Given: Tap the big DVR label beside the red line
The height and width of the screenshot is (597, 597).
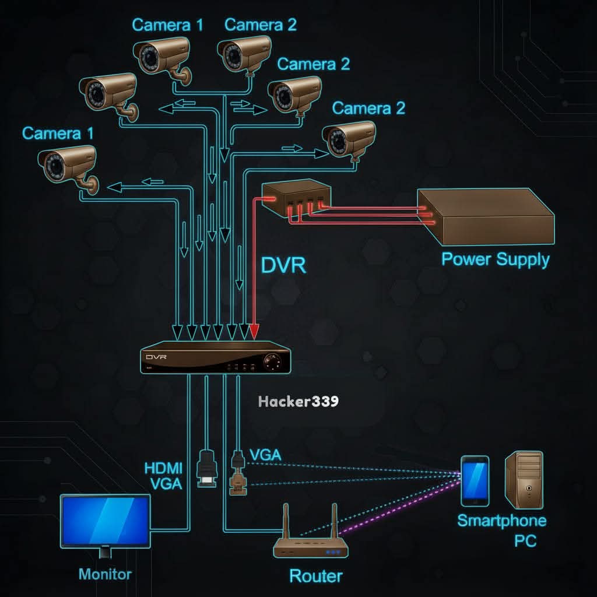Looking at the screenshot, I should click(x=283, y=265).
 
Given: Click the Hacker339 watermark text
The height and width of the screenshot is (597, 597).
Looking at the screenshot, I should click(x=298, y=402).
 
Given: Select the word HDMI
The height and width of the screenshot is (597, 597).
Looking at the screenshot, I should click(x=163, y=468).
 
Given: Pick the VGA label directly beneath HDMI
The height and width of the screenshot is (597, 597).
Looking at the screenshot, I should click(x=166, y=483).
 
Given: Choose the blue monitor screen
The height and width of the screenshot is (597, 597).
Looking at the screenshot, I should click(x=106, y=519).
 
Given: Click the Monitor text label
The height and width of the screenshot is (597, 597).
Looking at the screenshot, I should click(x=105, y=574).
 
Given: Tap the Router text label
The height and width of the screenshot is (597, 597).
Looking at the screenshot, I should click(x=316, y=576).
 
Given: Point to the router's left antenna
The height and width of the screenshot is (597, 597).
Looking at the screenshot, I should click(x=287, y=522).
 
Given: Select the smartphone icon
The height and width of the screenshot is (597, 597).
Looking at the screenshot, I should click(x=475, y=480).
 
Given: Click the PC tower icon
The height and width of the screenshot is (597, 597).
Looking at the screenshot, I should click(x=524, y=478).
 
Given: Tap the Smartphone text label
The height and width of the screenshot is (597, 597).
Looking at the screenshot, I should click(x=501, y=521).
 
